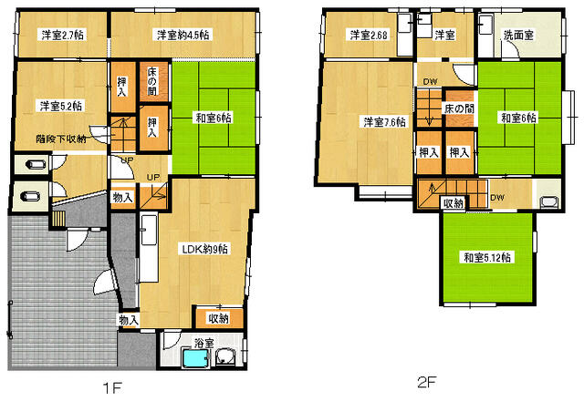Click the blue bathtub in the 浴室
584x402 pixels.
coord(195,357)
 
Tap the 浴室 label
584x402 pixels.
coord(204,343)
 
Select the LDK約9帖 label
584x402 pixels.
coord(204,249)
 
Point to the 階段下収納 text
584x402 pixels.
coord(61,139)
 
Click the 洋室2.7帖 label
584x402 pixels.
coord(62,35)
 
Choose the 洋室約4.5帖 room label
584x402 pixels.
coord(182,35)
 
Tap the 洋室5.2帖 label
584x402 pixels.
coord(61,106)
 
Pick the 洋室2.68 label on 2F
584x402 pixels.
coord(369,35)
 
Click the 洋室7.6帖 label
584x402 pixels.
coord(384,122)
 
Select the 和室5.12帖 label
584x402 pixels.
coord(487,257)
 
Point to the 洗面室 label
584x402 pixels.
coord(518,35)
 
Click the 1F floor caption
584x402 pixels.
coord(112,388)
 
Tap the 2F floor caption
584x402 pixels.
coord(427,382)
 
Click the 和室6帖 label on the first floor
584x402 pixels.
coord(214,119)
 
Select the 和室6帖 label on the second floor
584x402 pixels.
coord(519,118)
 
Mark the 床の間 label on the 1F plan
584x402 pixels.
coord(152,81)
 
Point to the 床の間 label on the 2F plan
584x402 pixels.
coord(460,108)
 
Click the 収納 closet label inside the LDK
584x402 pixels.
coord(219,318)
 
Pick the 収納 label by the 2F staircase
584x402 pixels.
coord(454,203)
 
